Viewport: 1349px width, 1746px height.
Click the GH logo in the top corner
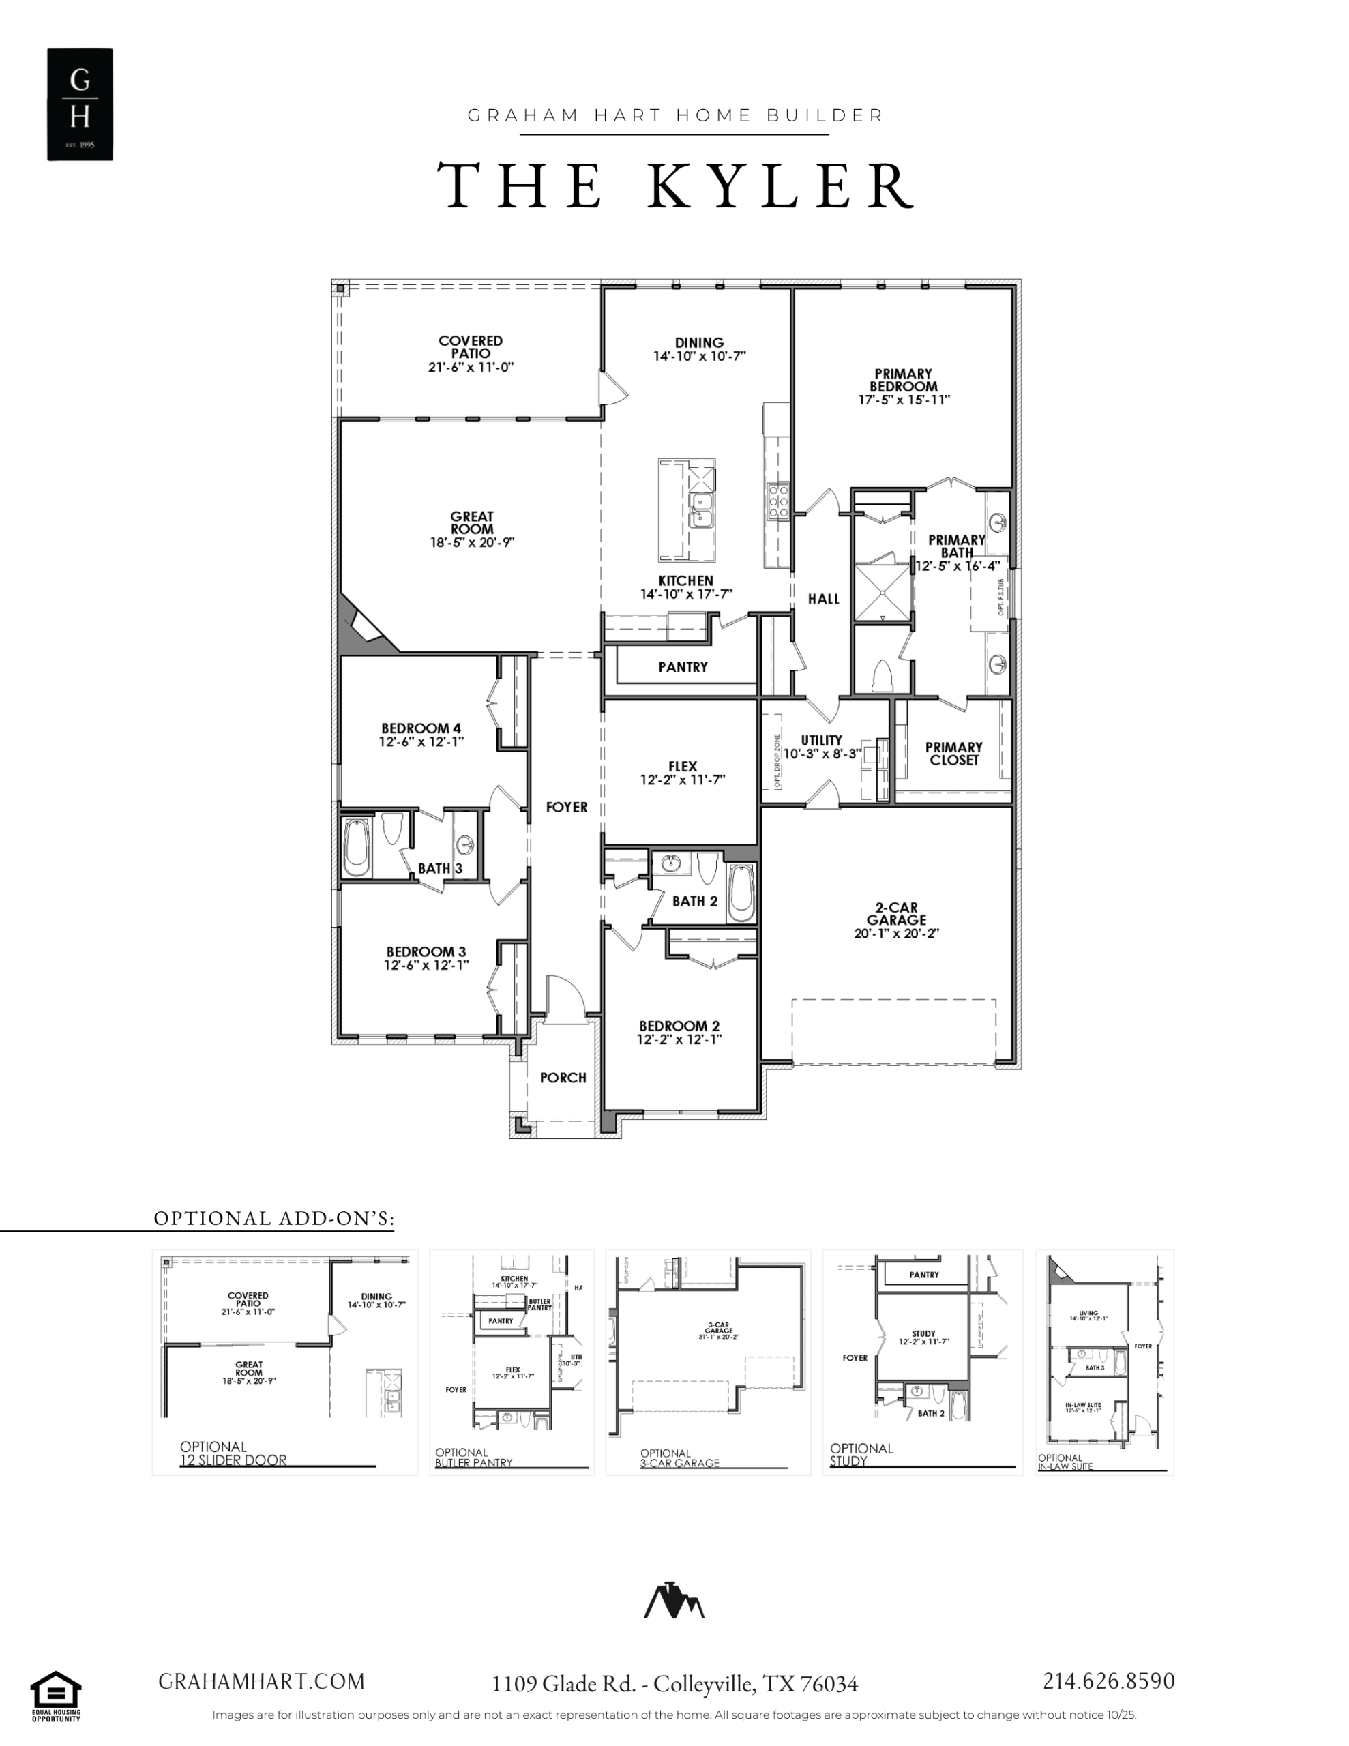pos(79,104)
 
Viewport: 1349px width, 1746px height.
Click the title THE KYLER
pos(676,186)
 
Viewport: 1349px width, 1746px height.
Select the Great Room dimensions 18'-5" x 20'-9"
pos(472,543)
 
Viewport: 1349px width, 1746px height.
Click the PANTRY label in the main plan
pos(682,667)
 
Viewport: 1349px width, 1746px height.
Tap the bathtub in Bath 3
pos(357,846)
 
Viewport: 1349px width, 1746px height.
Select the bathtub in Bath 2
pos(741,892)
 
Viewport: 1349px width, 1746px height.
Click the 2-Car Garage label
pos(895,914)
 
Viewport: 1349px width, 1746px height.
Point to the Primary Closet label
pos(953,753)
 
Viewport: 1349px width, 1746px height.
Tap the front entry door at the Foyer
pos(566,998)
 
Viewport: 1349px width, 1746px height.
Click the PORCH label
pos(562,1078)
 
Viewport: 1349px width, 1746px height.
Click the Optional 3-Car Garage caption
pos(680,1458)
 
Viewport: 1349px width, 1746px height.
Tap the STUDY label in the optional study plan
pos(923,1333)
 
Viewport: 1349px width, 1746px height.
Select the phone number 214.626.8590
pos(1108,1681)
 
